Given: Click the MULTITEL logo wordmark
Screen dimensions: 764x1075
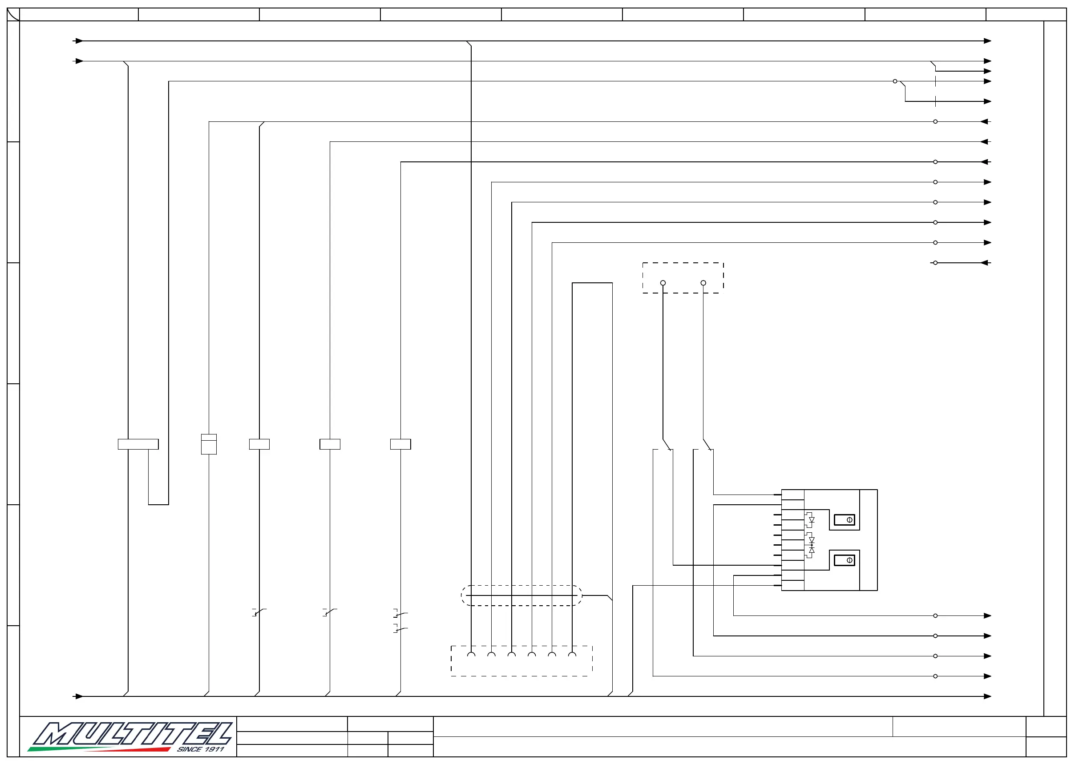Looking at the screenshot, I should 132,734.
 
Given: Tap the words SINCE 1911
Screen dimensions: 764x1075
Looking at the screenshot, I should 201,749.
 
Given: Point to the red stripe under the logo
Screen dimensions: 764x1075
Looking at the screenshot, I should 141,749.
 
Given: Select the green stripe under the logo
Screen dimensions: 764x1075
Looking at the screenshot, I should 57,748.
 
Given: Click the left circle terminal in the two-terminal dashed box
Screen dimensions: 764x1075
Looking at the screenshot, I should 663,283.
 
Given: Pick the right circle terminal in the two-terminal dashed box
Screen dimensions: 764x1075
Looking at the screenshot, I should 703,283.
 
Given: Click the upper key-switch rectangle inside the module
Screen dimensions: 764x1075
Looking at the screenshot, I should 845,520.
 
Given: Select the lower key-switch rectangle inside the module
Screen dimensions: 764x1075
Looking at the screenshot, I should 845,560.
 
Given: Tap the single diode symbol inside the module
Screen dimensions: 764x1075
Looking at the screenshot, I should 812,520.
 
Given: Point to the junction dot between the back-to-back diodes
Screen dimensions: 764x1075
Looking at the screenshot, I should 812,545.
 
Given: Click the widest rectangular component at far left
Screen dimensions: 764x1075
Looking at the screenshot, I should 138,444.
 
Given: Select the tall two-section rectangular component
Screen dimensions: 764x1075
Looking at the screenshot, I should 209,444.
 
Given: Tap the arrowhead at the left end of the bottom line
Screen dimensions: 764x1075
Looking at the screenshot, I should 79,696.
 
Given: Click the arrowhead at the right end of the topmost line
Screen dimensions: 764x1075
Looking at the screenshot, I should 987,41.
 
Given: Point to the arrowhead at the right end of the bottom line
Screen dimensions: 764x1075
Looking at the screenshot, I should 987,696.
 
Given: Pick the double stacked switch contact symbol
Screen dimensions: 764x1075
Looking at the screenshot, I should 400,621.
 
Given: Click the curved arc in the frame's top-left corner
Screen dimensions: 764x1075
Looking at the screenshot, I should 13,15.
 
